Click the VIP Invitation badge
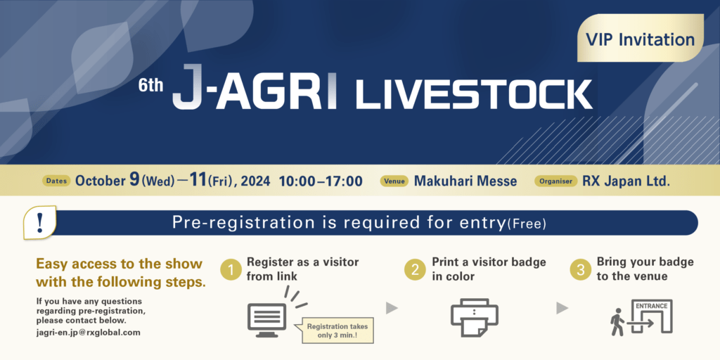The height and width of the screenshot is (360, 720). [x=640, y=38]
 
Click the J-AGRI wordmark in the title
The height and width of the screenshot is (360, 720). [x=255, y=87]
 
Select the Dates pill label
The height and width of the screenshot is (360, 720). [x=57, y=181]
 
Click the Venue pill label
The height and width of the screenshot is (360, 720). [x=394, y=181]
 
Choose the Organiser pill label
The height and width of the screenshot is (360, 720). [x=555, y=181]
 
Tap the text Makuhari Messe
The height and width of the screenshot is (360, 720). [x=465, y=181]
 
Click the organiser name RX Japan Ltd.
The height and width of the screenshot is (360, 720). [x=626, y=181]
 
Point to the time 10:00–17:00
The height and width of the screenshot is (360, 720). [x=321, y=181]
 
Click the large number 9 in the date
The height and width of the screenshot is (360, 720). [x=134, y=180]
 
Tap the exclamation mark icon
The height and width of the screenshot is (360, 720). [x=40, y=222]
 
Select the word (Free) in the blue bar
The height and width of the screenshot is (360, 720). [x=527, y=224]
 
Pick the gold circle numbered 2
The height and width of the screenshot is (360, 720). [x=415, y=270]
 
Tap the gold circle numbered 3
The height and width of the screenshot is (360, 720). [x=581, y=270]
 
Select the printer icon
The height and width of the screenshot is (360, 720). [x=475, y=318]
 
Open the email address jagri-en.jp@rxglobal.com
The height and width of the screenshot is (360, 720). [x=88, y=333]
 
